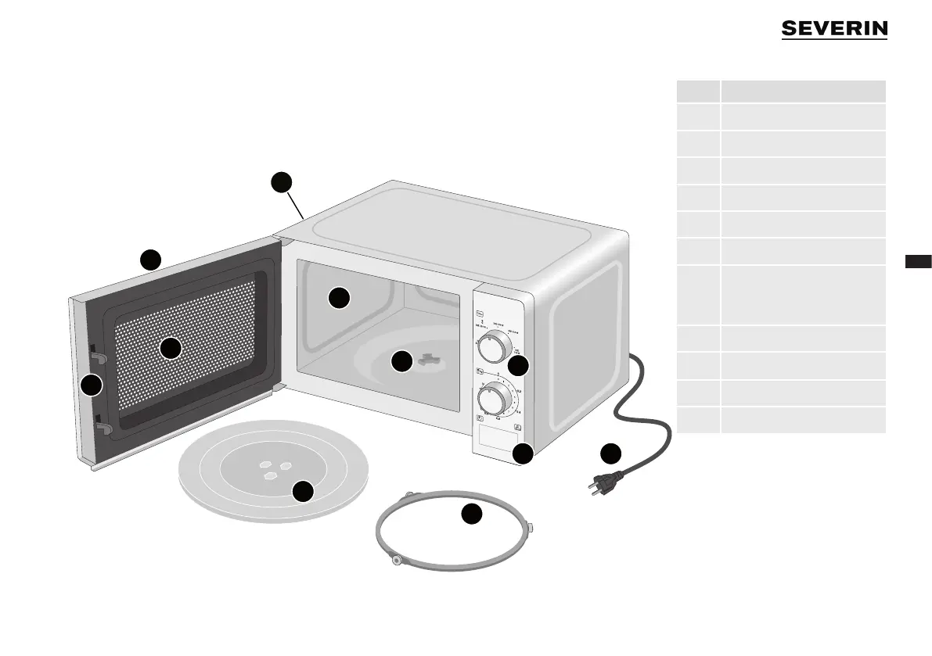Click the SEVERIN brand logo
point(834,29)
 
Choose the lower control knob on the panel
point(492,400)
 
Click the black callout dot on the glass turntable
point(303,492)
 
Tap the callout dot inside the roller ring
point(470,514)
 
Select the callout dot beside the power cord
point(611,454)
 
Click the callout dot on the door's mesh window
point(171,349)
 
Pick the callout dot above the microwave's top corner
point(282,182)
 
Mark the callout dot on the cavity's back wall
point(338,298)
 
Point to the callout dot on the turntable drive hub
point(401,361)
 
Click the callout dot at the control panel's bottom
point(524,453)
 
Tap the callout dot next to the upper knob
point(518,365)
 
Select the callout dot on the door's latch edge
point(92,385)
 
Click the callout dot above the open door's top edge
point(150,259)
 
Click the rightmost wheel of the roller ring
point(530,529)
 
